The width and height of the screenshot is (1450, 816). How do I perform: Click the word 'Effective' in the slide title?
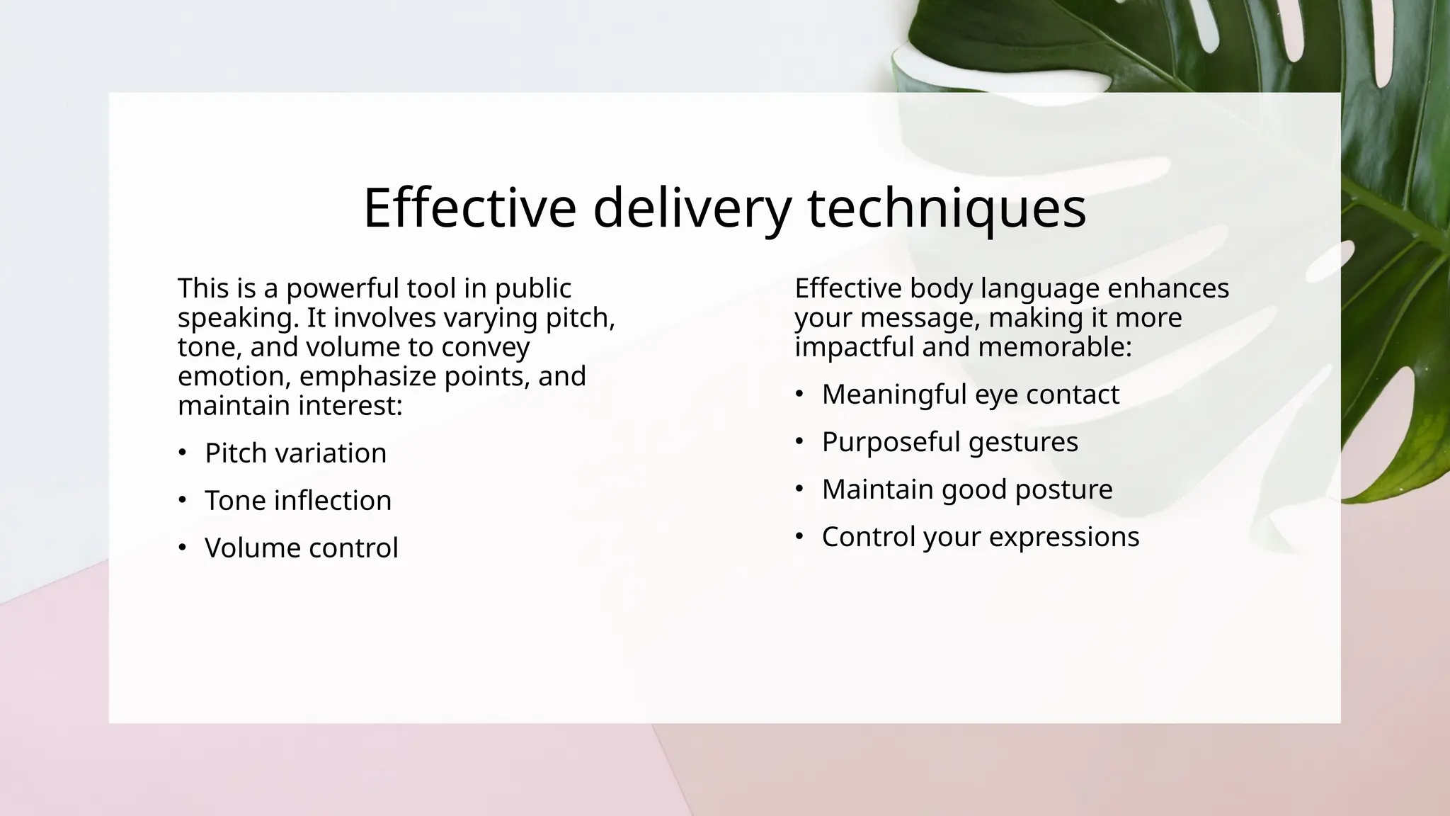coord(469,208)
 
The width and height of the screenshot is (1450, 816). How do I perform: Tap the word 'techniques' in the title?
coord(947,208)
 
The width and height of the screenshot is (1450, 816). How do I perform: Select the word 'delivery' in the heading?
coord(692,208)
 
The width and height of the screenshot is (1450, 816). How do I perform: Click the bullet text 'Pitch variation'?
coord(295,453)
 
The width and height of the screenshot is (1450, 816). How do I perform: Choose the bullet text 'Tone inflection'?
coord(298,501)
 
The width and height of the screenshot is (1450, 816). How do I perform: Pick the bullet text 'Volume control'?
coord(302,548)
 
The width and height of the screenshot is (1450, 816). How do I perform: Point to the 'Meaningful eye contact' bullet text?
coord(970,395)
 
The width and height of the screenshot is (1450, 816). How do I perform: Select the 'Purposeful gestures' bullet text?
coord(949,442)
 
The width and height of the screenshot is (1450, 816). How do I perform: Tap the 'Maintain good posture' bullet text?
coord(967,489)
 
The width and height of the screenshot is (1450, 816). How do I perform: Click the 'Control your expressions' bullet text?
coord(981,537)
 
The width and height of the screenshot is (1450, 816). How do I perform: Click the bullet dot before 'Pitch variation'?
coord(183,453)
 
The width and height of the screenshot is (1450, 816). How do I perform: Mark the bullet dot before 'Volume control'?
coord(183,548)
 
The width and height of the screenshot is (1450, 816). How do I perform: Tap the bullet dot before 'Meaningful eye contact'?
coord(799,394)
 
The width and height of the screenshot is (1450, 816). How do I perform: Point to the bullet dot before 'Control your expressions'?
coord(799,536)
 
